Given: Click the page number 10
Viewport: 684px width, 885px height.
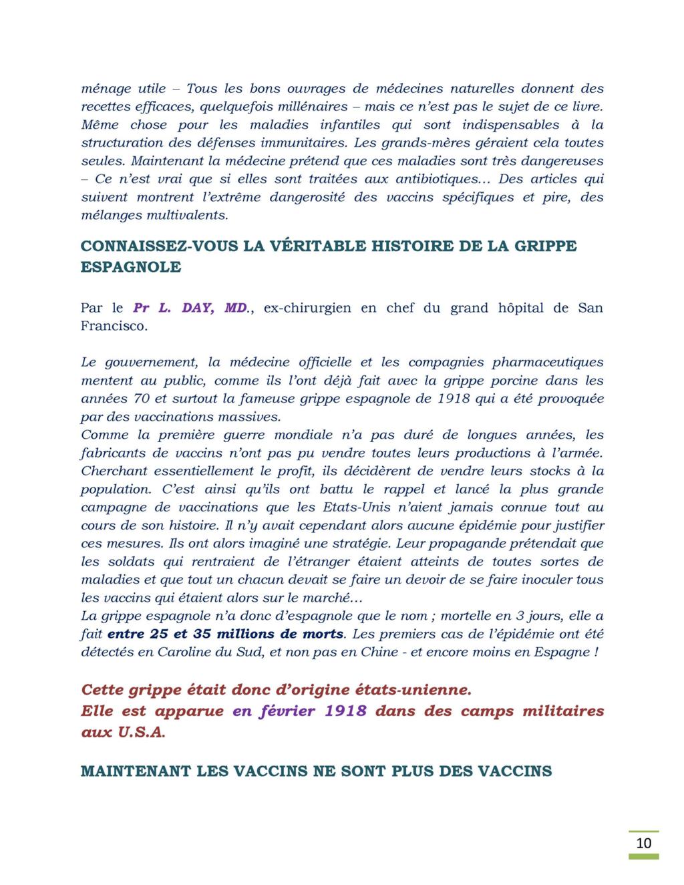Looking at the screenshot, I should point(644,842).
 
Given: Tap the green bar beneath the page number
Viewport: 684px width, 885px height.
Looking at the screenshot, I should point(644,856).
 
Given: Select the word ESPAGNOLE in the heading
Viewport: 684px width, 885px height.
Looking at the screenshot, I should point(131,267).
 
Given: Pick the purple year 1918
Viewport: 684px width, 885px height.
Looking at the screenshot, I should point(345,711).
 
